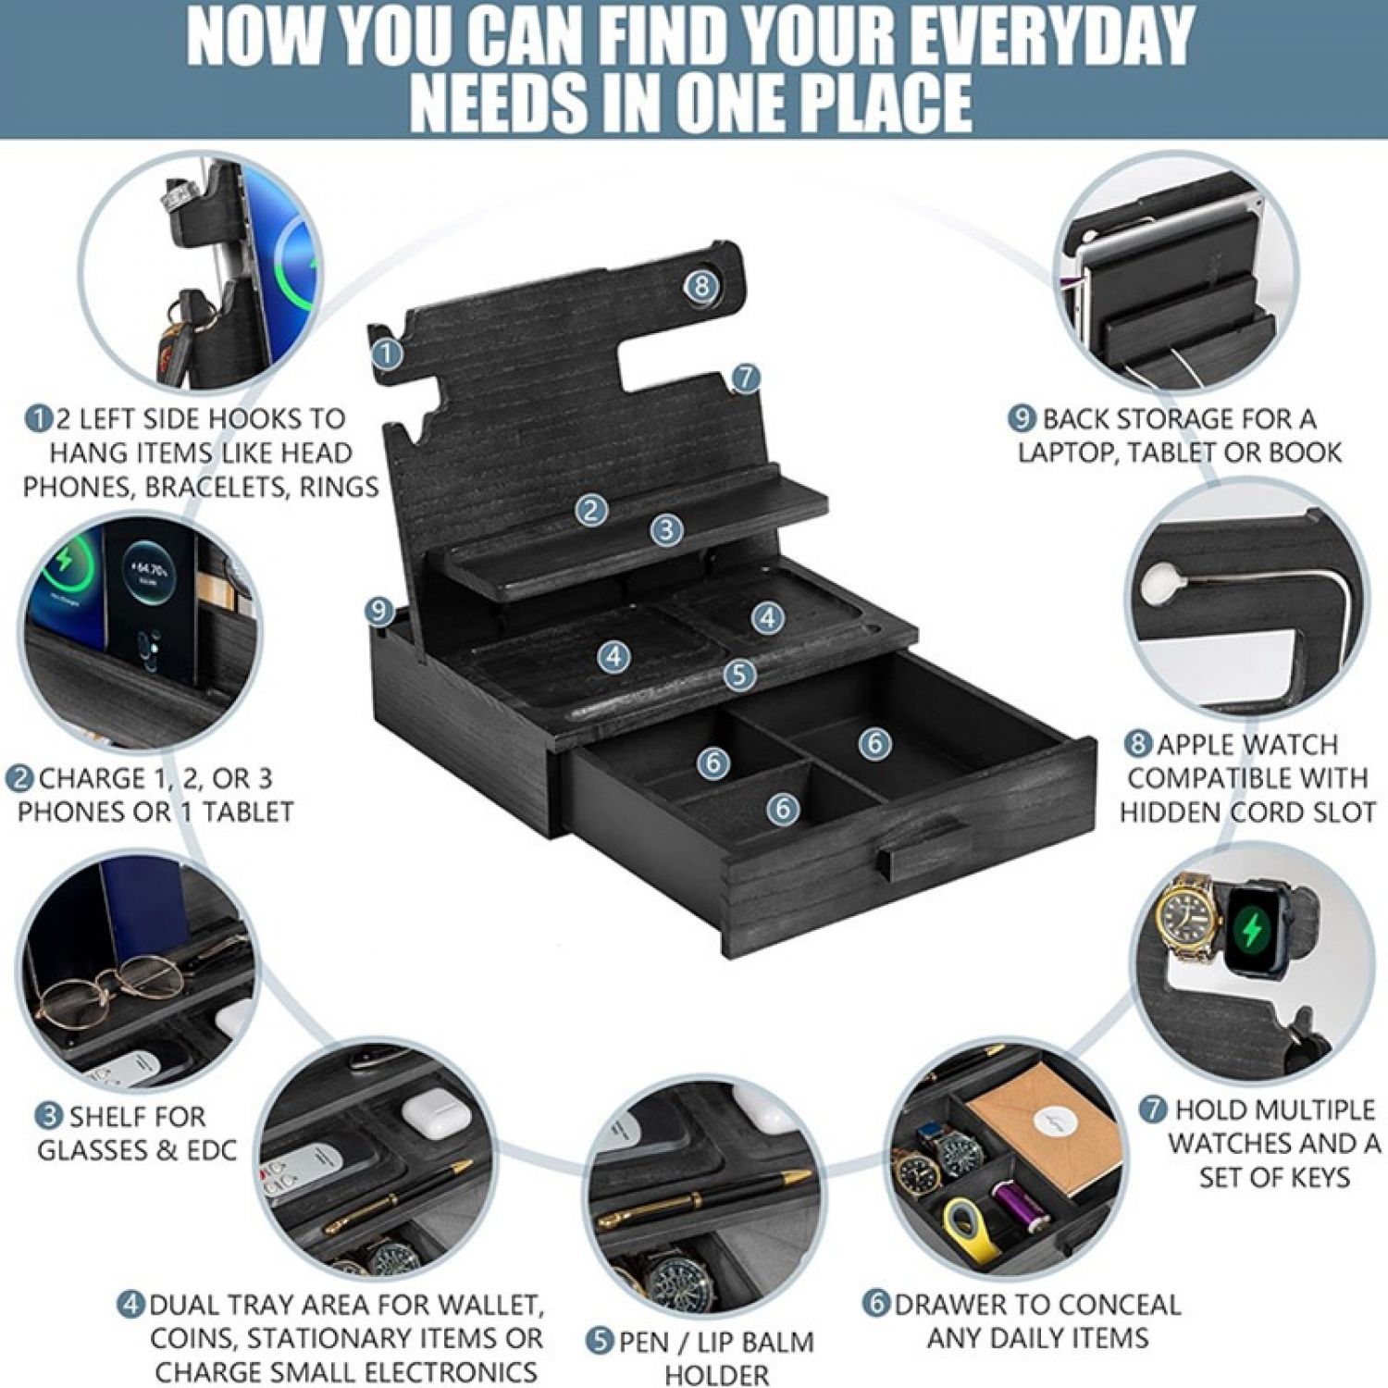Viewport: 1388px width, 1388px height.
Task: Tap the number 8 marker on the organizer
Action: [701, 285]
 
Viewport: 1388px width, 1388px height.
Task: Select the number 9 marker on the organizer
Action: [378, 611]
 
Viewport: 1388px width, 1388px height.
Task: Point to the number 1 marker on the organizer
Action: [387, 352]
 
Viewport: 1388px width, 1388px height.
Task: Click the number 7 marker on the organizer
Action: [745, 378]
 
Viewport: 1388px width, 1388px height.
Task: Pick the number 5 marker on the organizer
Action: [738, 675]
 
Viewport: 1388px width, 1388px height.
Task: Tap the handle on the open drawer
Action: [922, 846]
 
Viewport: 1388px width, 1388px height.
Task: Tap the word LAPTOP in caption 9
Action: [1069, 452]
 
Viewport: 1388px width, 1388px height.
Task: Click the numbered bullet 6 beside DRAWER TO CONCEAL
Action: [875, 1304]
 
